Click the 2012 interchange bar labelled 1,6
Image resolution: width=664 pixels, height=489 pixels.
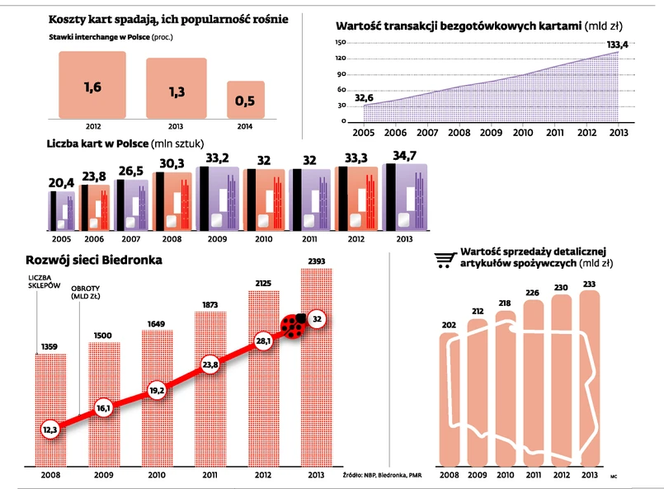click(x=92, y=86)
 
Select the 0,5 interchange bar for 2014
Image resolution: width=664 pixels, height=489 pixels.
click(x=245, y=100)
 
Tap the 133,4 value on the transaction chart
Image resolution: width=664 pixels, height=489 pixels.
click(x=617, y=45)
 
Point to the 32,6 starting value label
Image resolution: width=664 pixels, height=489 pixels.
click(x=364, y=98)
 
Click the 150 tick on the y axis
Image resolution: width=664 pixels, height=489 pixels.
click(x=341, y=42)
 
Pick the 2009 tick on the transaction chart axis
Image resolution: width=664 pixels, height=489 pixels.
click(x=492, y=132)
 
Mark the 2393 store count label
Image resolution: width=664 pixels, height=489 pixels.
click(x=317, y=261)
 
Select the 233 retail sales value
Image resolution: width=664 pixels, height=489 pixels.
click(x=589, y=284)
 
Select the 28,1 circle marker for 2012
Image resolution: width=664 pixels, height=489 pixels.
click(x=263, y=340)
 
